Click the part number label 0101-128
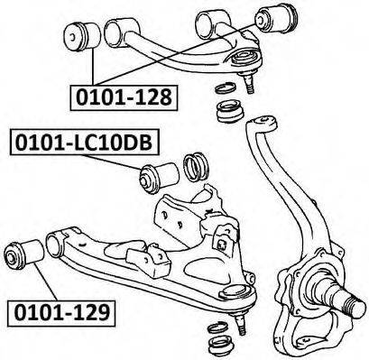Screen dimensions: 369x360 [124, 97]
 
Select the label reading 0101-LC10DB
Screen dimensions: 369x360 [84, 142]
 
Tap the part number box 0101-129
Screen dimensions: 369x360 [61, 313]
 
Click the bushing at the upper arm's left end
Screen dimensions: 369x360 [82, 38]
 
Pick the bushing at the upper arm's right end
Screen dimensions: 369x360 [276, 17]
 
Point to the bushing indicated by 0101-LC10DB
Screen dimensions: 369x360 [159, 178]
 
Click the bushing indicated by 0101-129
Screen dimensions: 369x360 [24, 254]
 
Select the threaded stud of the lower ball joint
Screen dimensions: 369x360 [241, 325]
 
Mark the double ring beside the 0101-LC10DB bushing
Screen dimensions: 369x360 [196, 167]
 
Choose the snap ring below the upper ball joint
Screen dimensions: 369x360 [226, 89]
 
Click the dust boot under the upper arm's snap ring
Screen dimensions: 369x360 [230, 111]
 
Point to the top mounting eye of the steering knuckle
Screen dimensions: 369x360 [261, 124]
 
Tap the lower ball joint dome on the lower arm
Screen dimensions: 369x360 [235, 292]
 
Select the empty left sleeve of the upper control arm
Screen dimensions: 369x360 [122, 32]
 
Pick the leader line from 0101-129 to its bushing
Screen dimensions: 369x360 [45, 282]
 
